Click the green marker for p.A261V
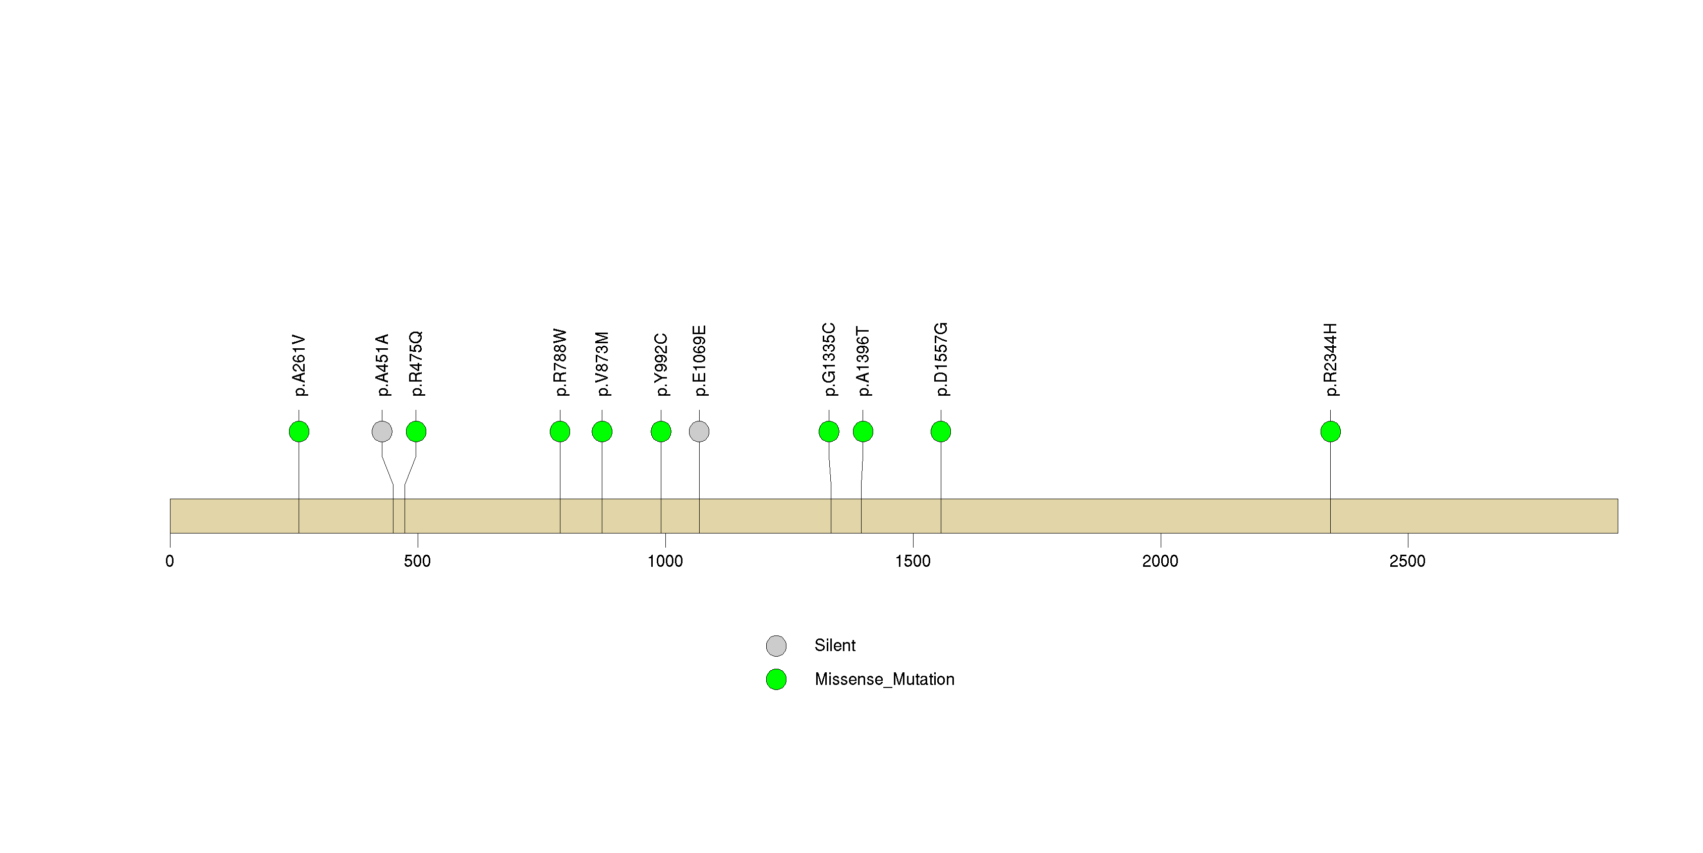[299, 432]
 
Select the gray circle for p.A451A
[382, 432]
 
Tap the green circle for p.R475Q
[416, 432]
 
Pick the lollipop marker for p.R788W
[560, 432]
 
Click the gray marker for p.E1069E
[700, 432]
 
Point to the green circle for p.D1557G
[941, 432]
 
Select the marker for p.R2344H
[1330, 432]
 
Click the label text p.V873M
[602, 364]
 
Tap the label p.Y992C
[661, 365]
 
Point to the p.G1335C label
[829, 360]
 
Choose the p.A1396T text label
[863, 362]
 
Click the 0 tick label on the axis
[170, 561]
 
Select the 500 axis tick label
[417, 561]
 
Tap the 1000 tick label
[665, 561]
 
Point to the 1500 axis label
[913, 561]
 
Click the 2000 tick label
[1160, 561]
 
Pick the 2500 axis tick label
[1407, 561]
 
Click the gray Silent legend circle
[776, 646]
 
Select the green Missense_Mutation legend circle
[776, 679]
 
